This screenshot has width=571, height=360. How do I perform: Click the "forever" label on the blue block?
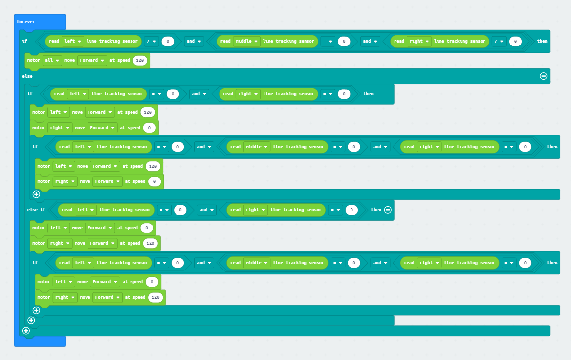click(x=26, y=22)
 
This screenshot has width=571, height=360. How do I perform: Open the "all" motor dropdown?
click(x=52, y=60)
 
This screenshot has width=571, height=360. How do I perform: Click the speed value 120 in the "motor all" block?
click(x=140, y=60)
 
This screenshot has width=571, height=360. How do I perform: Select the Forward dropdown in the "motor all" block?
click(x=92, y=60)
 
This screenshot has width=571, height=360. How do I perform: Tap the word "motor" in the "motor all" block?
click(x=33, y=60)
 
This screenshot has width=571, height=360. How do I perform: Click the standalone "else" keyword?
click(x=27, y=76)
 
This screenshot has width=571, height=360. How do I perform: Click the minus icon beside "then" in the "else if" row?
click(x=388, y=210)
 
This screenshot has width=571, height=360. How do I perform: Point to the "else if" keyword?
click(x=36, y=210)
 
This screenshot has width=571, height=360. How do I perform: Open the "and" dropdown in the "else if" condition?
click(x=207, y=210)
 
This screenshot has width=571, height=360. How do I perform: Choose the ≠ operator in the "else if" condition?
click(x=335, y=210)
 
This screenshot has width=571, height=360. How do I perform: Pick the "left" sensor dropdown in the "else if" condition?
click(x=85, y=210)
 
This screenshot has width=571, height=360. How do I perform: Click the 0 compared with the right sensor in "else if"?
click(x=351, y=210)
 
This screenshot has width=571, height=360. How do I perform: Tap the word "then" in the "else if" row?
click(x=376, y=210)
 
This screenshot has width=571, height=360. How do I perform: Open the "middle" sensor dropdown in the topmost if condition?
click(x=247, y=41)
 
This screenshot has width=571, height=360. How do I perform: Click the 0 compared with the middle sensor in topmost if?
click(x=344, y=41)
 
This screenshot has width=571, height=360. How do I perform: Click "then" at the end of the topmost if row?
click(x=542, y=41)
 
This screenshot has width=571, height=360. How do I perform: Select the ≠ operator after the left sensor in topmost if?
click(x=151, y=41)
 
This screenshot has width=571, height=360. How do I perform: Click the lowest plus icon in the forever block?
click(x=26, y=331)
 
